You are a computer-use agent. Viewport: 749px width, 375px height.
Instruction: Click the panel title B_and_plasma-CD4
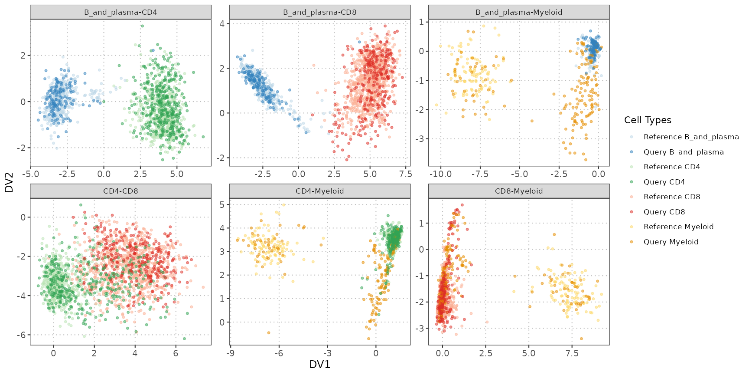pyautogui.click(x=120, y=12)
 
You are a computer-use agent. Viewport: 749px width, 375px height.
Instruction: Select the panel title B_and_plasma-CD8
pyautogui.click(x=319, y=12)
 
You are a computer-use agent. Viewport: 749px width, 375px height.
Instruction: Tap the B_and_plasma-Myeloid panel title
pyautogui.click(x=519, y=12)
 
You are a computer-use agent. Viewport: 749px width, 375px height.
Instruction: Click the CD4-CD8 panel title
pyautogui.click(x=120, y=191)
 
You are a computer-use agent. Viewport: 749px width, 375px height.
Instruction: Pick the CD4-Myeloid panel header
pyautogui.click(x=319, y=191)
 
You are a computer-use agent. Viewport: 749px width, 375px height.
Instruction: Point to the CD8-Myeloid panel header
pyautogui.click(x=519, y=191)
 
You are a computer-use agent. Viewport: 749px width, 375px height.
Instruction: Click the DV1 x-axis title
pyautogui.click(x=319, y=365)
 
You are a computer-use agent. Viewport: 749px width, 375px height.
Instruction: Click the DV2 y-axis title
pyautogui.click(x=9, y=182)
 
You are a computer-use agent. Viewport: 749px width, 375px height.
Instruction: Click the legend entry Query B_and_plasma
pyautogui.click(x=684, y=152)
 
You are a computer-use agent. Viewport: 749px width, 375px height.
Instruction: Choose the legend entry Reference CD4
pyautogui.click(x=671, y=167)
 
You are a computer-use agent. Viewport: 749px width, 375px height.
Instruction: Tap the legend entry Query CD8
pyautogui.click(x=664, y=212)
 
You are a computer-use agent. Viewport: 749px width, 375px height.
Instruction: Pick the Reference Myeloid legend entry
pyautogui.click(x=678, y=227)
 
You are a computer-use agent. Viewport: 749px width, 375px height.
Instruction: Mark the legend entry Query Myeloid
pyautogui.click(x=671, y=242)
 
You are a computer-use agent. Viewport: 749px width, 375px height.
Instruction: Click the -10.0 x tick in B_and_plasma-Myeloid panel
pyautogui.click(x=440, y=174)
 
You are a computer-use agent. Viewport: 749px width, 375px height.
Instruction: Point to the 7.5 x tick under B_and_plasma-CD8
pyautogui.click(x=406, y=174)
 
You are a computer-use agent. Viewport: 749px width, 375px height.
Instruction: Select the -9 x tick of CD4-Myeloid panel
pyautogui.click(x=231, y=353)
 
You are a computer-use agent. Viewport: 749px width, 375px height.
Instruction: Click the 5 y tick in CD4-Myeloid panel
pyautogui.click(x=222, y=204)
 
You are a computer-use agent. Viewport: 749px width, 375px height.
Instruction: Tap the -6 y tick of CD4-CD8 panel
pyautogui.click(x=23, y=335)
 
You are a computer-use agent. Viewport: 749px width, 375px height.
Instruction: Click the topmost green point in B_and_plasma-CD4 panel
pyautogui.click(x=142, y=26)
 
